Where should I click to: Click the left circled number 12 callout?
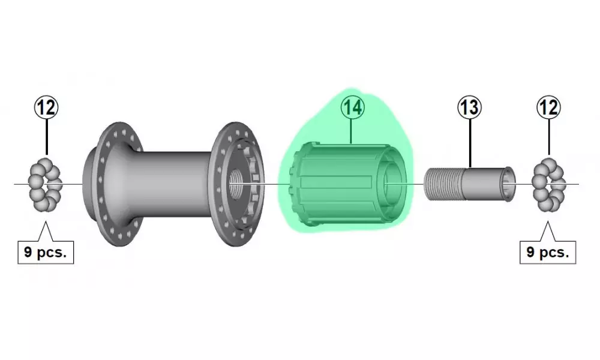tap(47, 107)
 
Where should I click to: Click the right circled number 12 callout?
tap(549, 107)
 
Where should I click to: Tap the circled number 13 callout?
tap(470, 107)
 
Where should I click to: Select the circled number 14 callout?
tap(352, 107)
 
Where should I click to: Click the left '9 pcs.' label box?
tap(46, 253)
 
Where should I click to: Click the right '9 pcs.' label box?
tap(548, 253)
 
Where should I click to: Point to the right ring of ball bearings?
tap(549, 184)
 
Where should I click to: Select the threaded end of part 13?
tap(444, 184)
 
